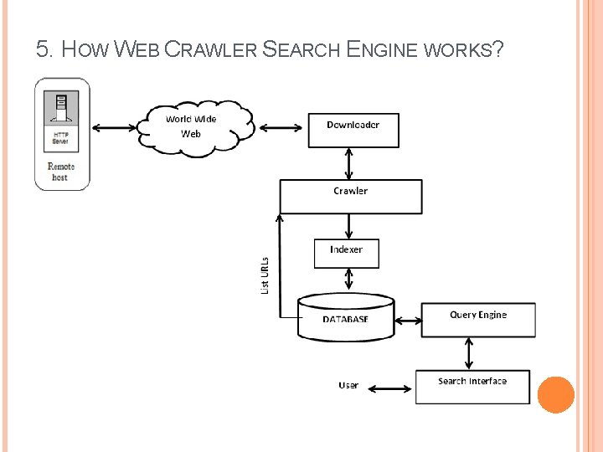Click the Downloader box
(x=353, y=130)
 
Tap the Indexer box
(x=346, y=253)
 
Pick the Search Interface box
(x=472, y=387)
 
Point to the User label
(x=348, y=385)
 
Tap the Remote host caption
(x=61, y=172)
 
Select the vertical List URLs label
(x=265, y=275)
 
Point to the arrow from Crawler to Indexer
(x=349, y=226)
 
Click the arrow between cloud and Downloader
(x=281, y=128)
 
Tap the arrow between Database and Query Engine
(x=409, y=320)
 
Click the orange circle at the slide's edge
(x=555, y=394)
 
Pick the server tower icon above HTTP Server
(x=61, y=108)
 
